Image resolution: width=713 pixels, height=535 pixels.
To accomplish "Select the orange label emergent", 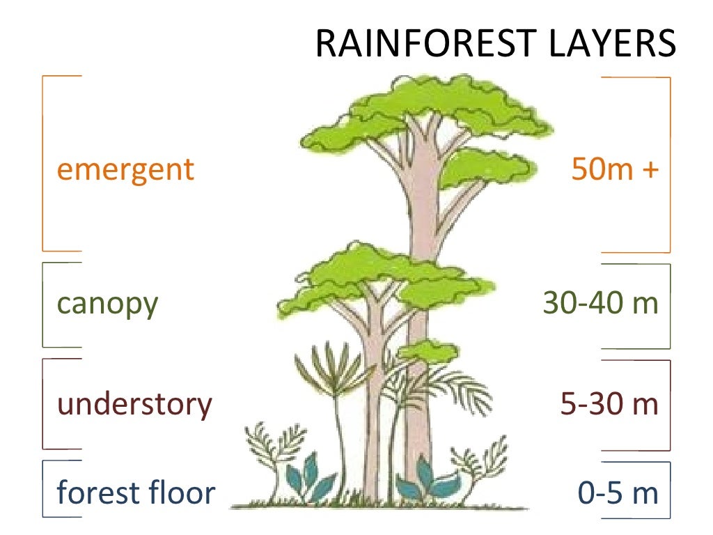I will click(125, 169).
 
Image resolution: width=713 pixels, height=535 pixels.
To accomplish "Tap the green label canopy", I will click(107, 304).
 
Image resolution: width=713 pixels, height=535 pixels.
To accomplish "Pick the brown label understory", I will click(134, 404).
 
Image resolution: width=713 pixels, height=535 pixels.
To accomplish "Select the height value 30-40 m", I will click(600, 304).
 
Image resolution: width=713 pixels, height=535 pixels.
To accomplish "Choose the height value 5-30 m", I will click(609, 404).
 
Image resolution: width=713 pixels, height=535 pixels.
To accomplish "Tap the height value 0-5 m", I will click(618, 493).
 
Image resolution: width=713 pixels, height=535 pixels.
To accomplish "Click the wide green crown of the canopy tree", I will click(383, 279).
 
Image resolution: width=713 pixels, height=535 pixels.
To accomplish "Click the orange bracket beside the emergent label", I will click(45, 164).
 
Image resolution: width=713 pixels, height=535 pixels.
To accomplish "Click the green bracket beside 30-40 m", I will click(669, 307).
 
